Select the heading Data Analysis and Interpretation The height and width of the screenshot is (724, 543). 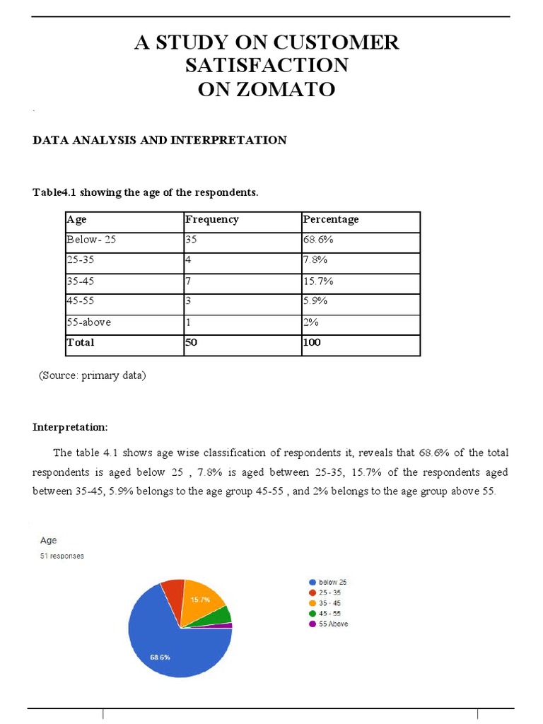click(160, 140)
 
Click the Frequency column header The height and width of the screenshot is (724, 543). click(212, 220)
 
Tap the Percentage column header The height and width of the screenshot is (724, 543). click(331, 220)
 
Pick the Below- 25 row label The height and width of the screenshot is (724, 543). click(91, 240)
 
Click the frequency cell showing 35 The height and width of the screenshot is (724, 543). click(192, 240)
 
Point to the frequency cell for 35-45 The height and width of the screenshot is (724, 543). click(189, 281)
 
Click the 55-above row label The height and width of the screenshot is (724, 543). click(88, 322)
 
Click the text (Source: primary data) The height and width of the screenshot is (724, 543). click(92, 376)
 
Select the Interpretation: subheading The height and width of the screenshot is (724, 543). click(71, 428)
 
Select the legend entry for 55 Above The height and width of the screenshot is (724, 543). click(327, 624)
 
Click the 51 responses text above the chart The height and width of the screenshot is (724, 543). click(62, 556)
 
